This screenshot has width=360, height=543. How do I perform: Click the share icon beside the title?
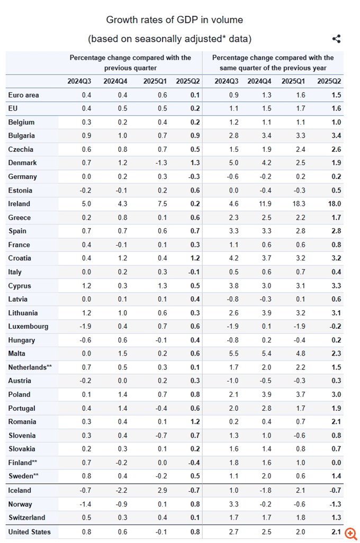pyautogui.click(x=336, y=39)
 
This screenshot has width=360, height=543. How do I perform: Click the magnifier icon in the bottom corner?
pyautogui.click(x=350, y=533)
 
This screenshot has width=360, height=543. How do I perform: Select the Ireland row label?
pyautogui.click(x=19, y=204)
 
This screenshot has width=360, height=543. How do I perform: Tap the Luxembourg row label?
pyautogui.click(x=28, y=327)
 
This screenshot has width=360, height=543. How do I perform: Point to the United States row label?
pyautogui.click(x=30, y=532)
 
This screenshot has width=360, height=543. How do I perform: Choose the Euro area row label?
pyautogui.click(x=24, y=95)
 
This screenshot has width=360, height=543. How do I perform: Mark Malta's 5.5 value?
pyautogui.click(x=226, y=354)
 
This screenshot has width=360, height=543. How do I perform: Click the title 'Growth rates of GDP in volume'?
pyautogui.click(x=175, y=20)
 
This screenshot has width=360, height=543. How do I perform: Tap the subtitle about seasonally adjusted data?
pyautogui.click(x=169, y=39)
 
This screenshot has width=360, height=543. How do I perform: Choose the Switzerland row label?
pyautogui.click(x=26, y=518)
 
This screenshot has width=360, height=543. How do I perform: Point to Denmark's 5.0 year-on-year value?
pyautogui.click(x=226, y=163)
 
